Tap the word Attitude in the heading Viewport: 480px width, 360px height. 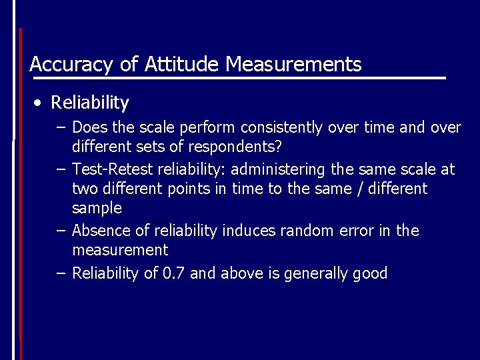tap(181, 64)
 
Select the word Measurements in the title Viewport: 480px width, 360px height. tap(293, 64)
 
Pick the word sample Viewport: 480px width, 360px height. tap(97, 208)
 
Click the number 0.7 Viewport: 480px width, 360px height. tap(175, 273)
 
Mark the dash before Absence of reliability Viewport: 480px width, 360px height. tap(61, 231)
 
